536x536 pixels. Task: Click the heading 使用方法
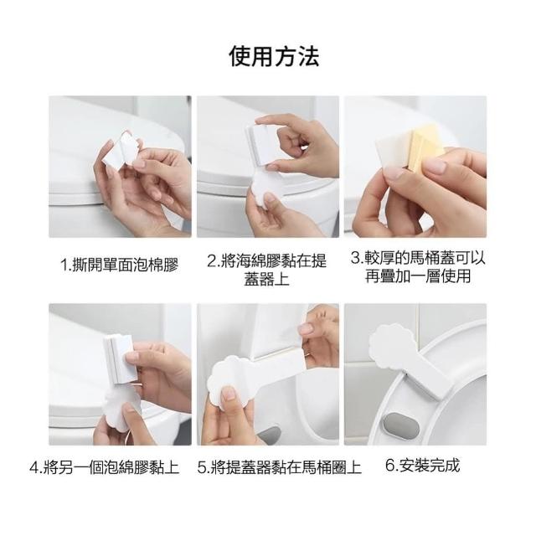click(x=274, y=57)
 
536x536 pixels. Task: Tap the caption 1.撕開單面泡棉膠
click(x=119, y=265)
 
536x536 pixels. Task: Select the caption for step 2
click(x=267, y=270)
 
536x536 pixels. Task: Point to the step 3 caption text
click(x=418, y=266)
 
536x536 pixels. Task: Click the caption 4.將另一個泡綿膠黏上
click(x=105, y=467)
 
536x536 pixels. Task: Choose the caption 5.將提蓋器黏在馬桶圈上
click(x=279, y=467)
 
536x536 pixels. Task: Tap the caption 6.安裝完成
click(x=422, y=465)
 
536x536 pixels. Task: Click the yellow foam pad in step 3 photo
click(x=424, y=147)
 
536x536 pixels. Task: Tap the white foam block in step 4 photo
click(x=121, y=359)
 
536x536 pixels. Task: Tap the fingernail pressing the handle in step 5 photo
click(x=229, y=393)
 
